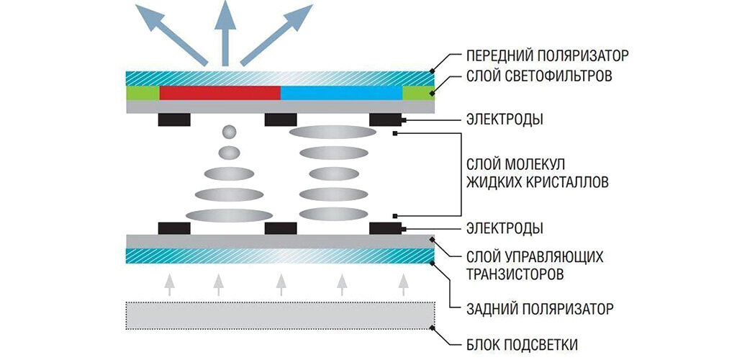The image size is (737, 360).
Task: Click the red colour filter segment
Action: [x=219, y=93]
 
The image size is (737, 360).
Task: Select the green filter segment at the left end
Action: [x=142, y=93]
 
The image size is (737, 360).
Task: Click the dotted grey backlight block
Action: [x=281, y=314]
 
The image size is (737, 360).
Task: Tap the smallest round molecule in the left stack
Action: [x=230, y=132]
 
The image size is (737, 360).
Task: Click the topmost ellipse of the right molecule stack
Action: [x=329, y=132]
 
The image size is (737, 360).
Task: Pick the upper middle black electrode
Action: [x=281, y=120]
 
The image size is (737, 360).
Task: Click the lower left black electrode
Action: [x=173, y=228]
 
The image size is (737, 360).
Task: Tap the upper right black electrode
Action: [x=385, y=120]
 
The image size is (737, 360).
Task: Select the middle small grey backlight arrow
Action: [x=281, y=284]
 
